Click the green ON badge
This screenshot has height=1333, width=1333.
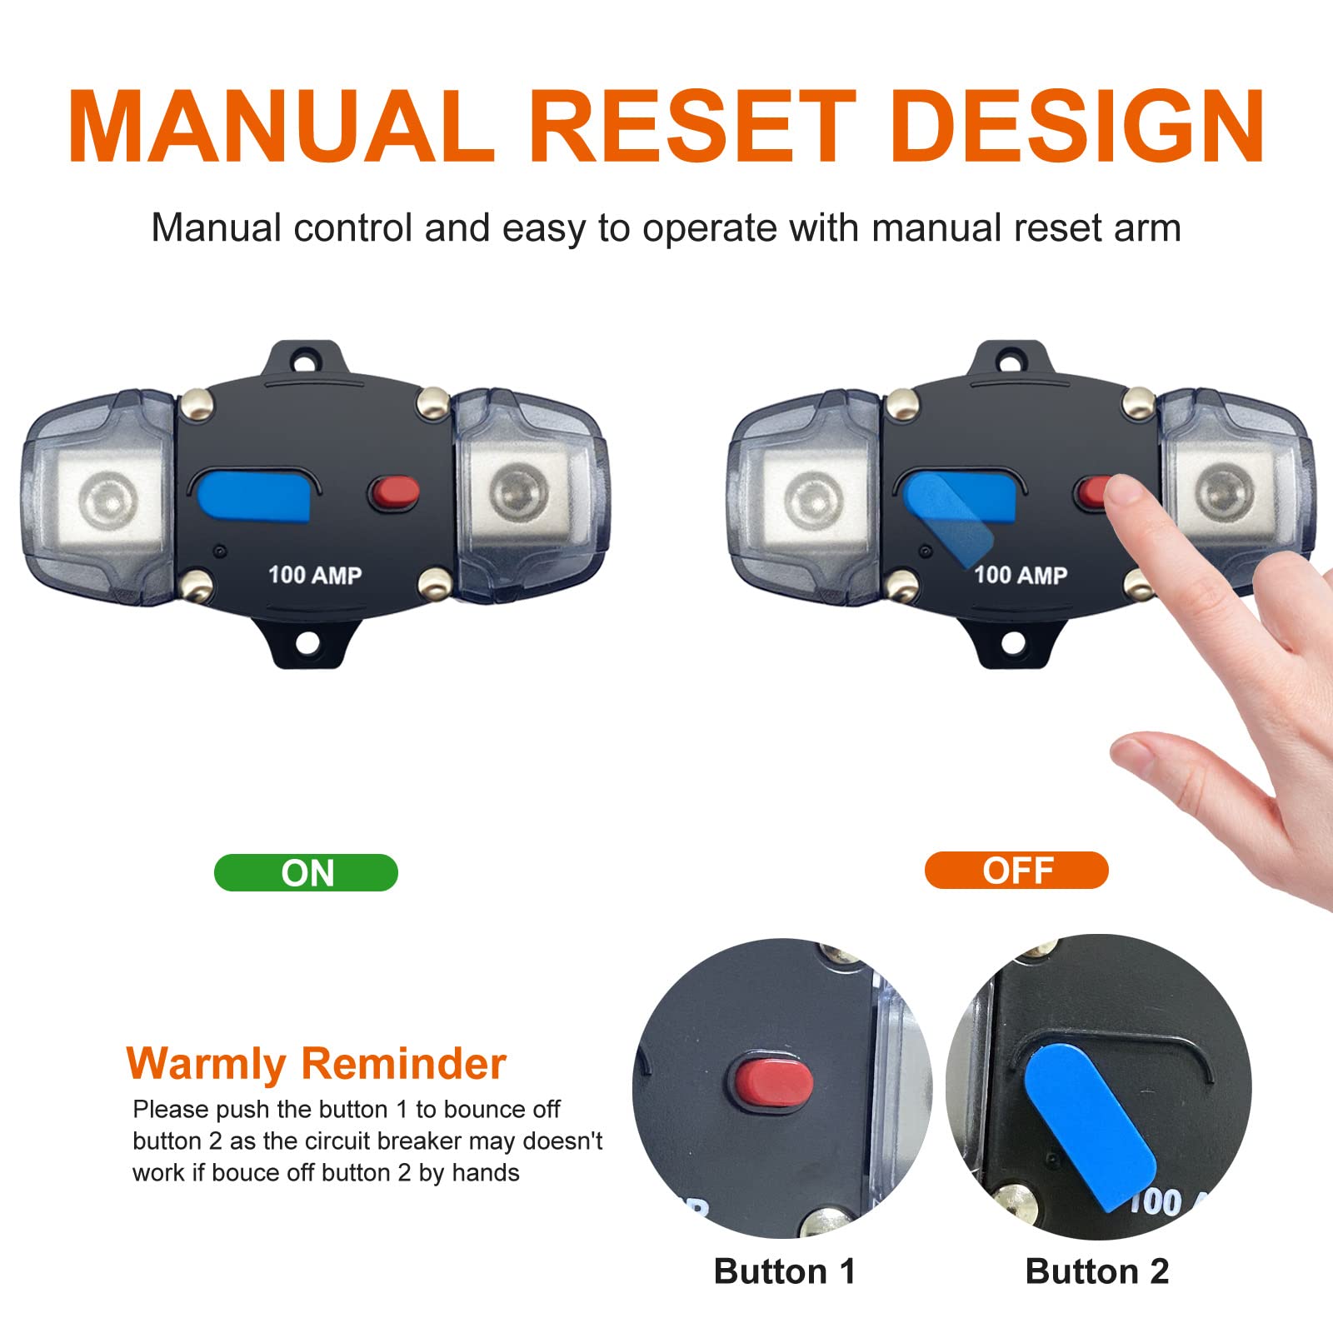tap(306, 872)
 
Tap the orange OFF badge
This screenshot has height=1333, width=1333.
tap(1016, 870)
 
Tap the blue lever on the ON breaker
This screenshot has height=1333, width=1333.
tap(254, 496)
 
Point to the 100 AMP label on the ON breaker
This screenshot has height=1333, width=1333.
tap(315, 575)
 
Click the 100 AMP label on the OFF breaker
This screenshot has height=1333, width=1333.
tap(1021, 575)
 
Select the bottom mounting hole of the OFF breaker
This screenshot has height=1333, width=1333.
tap(1012, 642)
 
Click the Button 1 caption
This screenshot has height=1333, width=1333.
tap(784, 1271)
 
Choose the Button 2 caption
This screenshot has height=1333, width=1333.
tap(1096, 1271)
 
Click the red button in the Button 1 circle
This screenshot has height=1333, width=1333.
tap(775, 1081)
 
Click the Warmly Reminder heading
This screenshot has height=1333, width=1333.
tap(316, 1064)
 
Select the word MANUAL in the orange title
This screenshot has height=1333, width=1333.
tap(281, 127)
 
